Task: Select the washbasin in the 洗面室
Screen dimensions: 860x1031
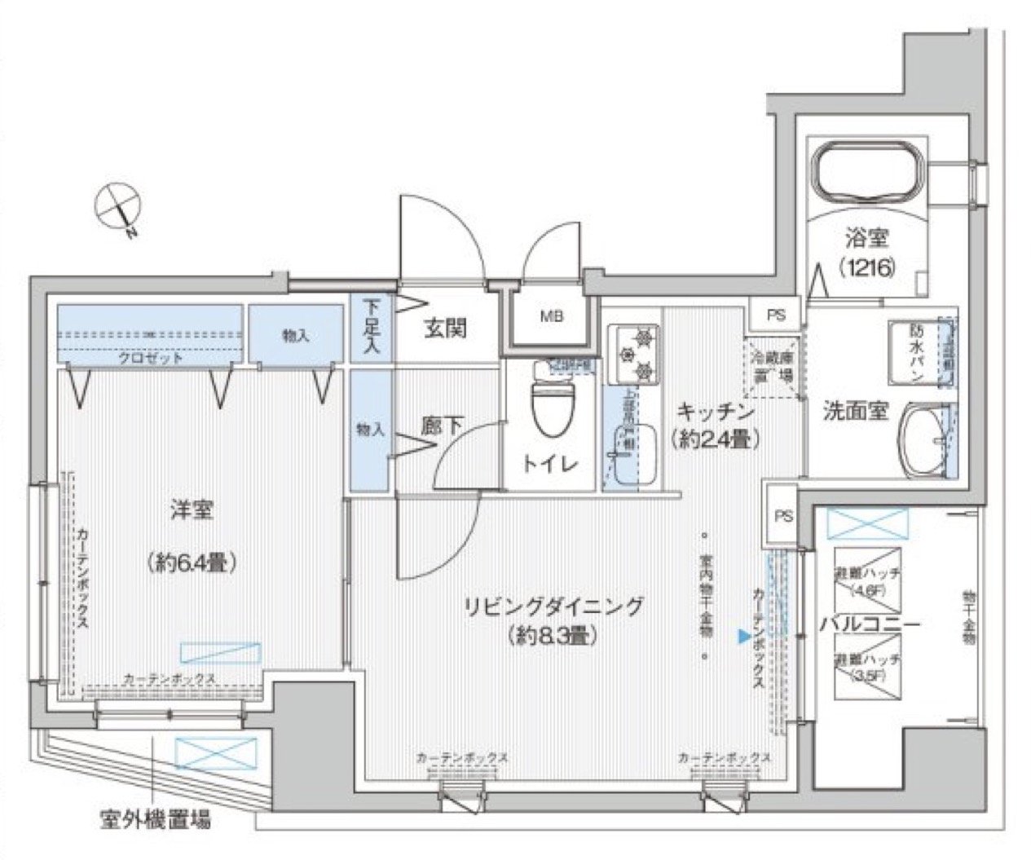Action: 925,440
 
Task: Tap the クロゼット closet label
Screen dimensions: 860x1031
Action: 149,357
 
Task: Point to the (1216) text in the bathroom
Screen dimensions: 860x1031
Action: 866,266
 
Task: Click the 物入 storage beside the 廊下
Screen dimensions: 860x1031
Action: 371,429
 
